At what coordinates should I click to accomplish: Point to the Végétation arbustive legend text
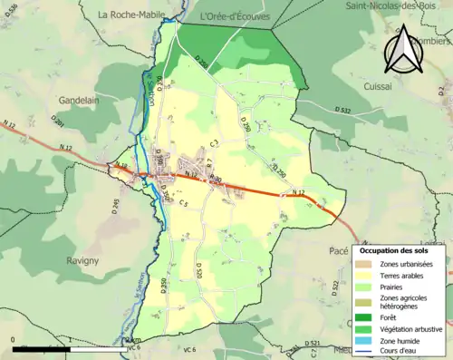point(408,329)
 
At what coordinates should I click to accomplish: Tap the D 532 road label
point(343,110)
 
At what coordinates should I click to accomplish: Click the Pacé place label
point(335,246)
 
